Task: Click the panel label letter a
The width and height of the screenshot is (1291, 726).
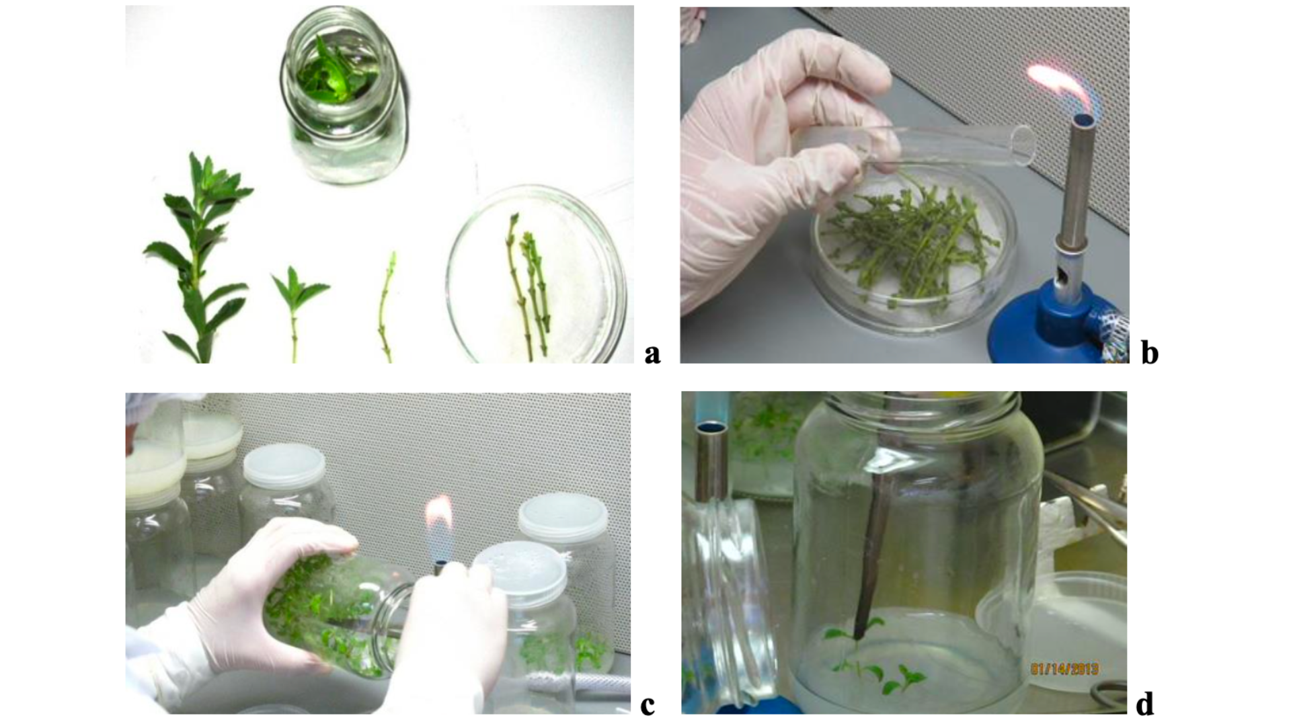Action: (652, 354)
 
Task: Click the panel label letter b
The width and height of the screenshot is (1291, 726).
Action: (1150, 352)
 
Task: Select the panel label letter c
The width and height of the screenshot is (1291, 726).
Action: (648, 706)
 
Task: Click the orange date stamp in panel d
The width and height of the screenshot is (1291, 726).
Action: (1064, 669)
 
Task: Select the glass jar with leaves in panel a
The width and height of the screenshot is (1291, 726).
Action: (344, 94)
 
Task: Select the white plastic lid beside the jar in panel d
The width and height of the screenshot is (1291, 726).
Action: (1052, 632)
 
